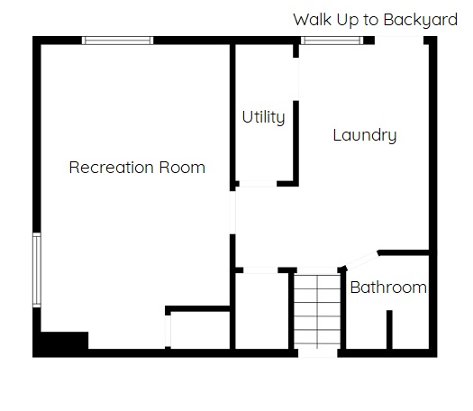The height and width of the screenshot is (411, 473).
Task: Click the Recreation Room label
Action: [x=137, y=167]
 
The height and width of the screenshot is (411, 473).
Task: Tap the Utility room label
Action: [x=263, y=117]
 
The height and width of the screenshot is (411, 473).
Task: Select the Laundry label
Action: [x=365, y=135]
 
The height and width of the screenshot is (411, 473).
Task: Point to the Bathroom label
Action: [x=388, y=288]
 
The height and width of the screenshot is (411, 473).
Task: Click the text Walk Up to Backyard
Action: [x=376, y=20]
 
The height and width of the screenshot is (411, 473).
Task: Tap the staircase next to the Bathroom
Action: [x=317, y=313]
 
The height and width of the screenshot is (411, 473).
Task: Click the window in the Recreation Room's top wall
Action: [x=118, y=41]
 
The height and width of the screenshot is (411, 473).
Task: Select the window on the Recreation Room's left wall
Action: [x=37, y=270]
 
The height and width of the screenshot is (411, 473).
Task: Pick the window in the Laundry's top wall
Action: [x=332, y=41]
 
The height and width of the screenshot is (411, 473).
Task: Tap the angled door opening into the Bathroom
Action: [x=361, y=260]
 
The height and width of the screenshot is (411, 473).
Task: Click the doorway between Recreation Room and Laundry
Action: [x=232, y=213]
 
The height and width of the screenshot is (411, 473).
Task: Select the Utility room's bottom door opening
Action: [x=258, y=184]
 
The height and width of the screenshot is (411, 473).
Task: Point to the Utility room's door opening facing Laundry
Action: [x=296, y=79]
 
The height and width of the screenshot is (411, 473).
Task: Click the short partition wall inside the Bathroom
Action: [x=389, y=330]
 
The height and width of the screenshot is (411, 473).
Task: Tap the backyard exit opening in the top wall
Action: [x=399, y=41]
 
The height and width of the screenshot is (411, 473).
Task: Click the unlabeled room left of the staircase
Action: [x=261, y=312]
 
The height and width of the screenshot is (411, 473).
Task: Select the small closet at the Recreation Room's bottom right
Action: [x=200, y=331]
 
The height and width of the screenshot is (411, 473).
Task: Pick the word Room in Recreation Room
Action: [x=182, y=167]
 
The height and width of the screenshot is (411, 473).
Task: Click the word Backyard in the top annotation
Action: [x=421, y=20]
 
